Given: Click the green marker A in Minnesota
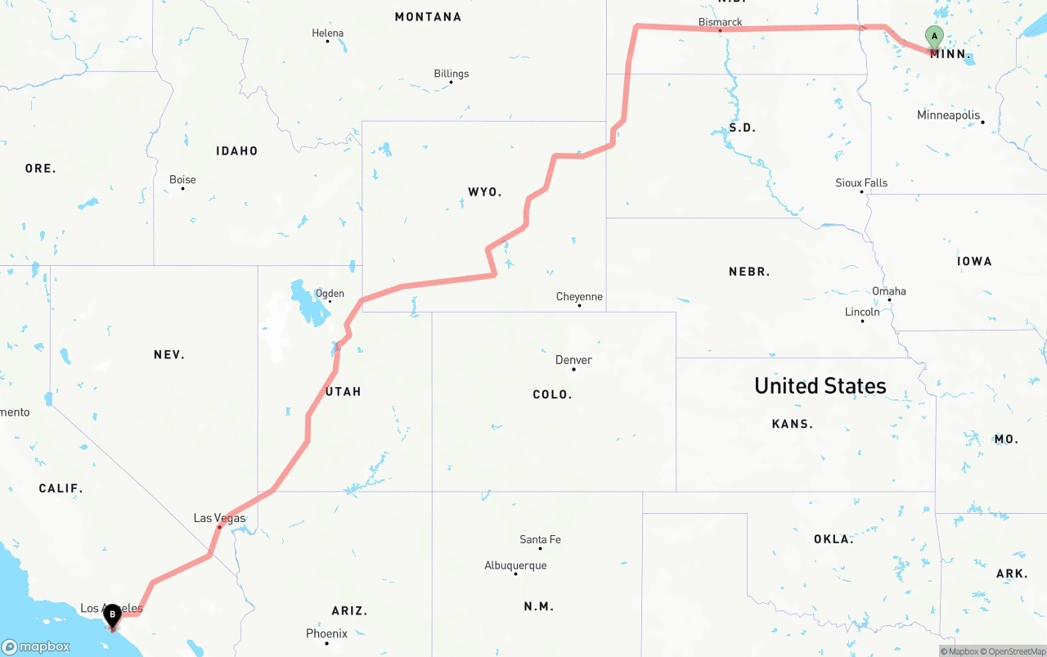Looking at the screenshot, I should pos(934,37).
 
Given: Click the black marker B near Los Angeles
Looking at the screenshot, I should pos(112,615).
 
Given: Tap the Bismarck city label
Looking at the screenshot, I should pos(720,22).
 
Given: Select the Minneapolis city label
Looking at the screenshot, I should pos(948,115).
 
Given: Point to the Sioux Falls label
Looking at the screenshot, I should pos(861,182).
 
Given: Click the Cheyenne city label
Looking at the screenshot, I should pos(579,296).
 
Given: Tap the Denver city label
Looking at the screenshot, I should pos(573,360).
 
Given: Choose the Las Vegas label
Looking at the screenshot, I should pos(219,518).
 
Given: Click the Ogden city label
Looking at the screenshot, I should pos(330,294).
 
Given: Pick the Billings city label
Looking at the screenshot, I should pos(452,74).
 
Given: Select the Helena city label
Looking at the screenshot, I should pos(328,34).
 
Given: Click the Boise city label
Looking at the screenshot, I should pos(182,180).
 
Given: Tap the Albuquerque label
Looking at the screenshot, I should pos(515,565).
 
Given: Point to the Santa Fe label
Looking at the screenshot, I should pos(540,539).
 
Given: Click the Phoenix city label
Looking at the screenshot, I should pos(326,633).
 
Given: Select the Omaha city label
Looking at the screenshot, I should pos(889,291).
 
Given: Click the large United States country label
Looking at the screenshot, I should pos(820,385).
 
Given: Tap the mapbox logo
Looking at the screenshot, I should pos(36,646).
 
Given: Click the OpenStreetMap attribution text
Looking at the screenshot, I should pos(1017,651).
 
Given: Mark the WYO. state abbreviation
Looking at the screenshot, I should pos(484,191).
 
